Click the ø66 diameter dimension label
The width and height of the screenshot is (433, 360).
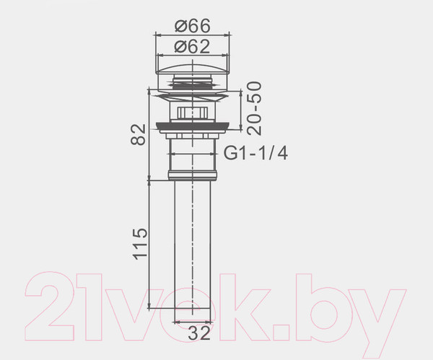tap(192, 25)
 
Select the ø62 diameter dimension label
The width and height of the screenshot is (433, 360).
tap(192, 47)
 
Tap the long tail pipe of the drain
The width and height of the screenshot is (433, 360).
tap(192, 245)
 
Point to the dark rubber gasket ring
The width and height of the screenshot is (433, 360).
tap(192, 128)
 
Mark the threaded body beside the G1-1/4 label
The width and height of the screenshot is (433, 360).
tap(192, 153)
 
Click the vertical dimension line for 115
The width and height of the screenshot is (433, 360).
tap(150, 245)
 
